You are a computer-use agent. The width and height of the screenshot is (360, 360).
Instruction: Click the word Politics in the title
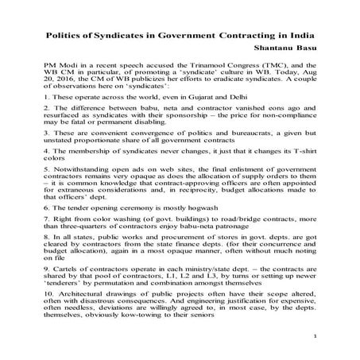[64, 36]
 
